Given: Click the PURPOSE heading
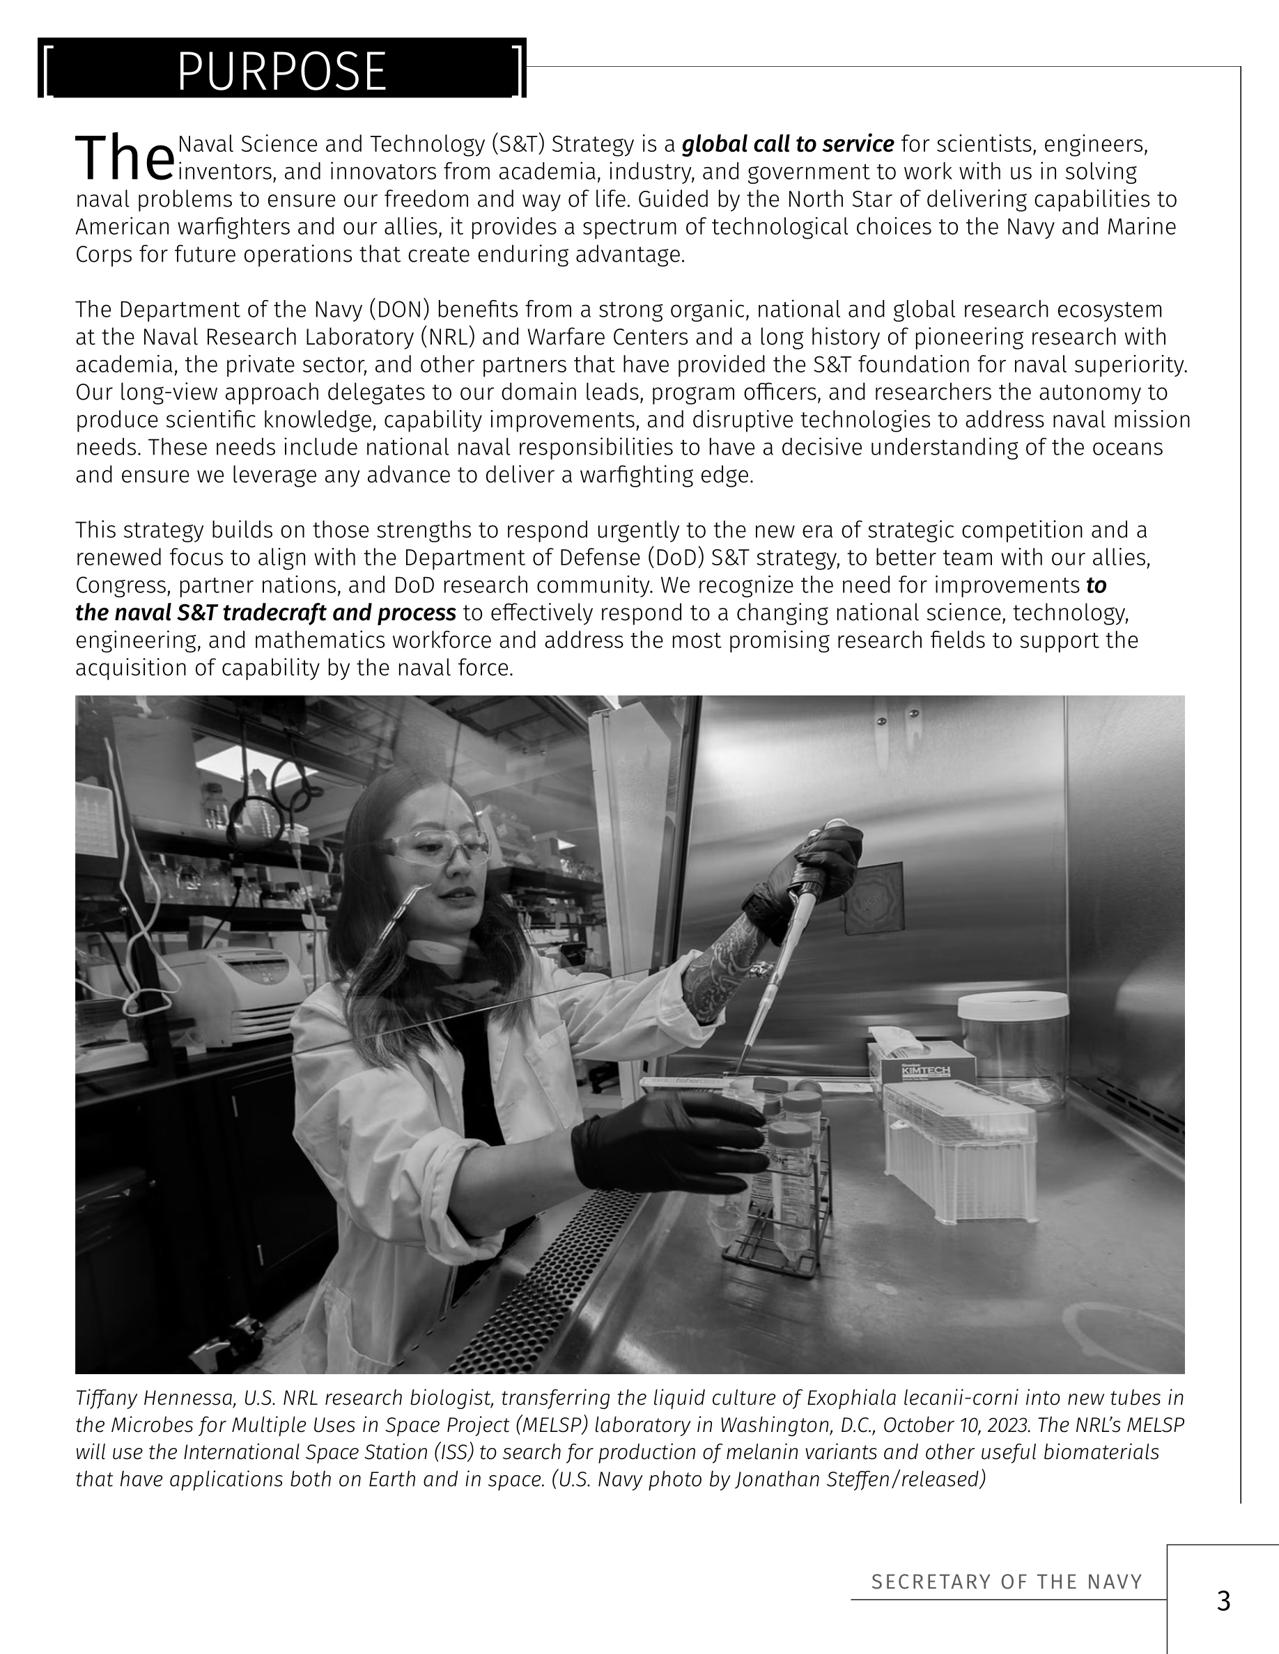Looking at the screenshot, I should (282, 72).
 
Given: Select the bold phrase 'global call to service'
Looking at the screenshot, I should (788, 144).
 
